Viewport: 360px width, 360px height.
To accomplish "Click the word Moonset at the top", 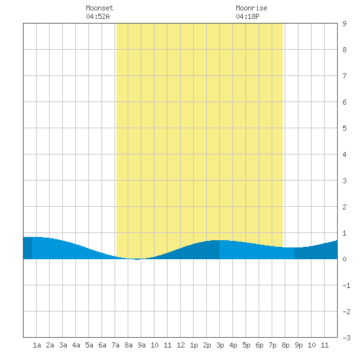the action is tap(99, 8).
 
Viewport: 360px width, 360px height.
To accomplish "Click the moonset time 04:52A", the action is tap(98, 16).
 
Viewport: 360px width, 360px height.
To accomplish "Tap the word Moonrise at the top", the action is tap(251, 8).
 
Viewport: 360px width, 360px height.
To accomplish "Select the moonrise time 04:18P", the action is tap(247, 16).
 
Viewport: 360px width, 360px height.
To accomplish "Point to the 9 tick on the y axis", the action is tap(344, 24).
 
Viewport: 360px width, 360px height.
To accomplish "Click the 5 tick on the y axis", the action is tap(344, 128).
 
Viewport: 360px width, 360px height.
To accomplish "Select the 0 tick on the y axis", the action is tap(344, 259).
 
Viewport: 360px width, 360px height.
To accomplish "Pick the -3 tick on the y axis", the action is tap(346, 338).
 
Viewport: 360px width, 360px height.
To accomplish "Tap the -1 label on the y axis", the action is tap(346, 285).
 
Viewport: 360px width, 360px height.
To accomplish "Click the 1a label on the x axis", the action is tap(37, 345).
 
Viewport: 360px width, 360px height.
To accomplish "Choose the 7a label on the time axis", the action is tap(115, 345).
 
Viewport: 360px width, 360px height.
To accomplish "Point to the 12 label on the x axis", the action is tap(181, 345).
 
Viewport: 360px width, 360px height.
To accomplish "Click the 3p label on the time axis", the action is tap(220, 345).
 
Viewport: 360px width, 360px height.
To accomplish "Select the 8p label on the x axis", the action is tap(285, 345).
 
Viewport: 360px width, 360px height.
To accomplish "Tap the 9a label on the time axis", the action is tap(141, 345).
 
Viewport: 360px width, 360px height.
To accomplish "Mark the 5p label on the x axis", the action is tap(246, 345).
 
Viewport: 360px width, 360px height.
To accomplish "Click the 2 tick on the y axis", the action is tap(344, 207).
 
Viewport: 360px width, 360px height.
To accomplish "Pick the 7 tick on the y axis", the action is tap(344, 76).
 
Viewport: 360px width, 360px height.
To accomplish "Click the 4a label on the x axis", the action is tap(76, 345).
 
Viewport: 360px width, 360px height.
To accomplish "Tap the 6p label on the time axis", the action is tap(259, 345).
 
